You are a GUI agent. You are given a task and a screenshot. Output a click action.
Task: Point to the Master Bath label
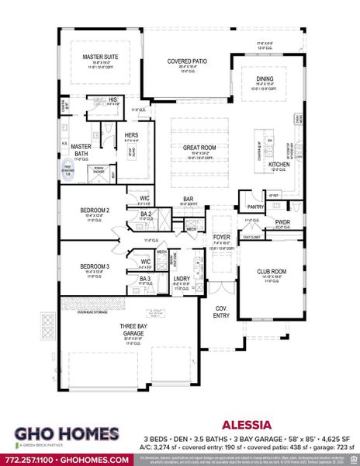click(82, 149)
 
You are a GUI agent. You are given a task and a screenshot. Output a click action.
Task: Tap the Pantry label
click(256, 207)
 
